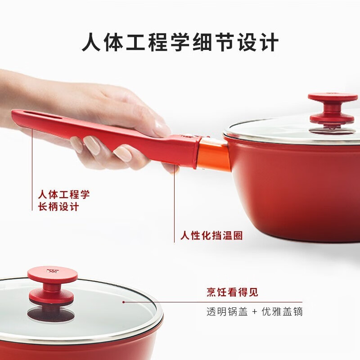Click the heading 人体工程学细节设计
coord(180,44)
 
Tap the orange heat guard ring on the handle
coord(213,153)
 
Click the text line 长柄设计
coord(58,207)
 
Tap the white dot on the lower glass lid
coord(123,302)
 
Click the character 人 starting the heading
coord(92,44)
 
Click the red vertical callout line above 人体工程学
coord(32,157)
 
